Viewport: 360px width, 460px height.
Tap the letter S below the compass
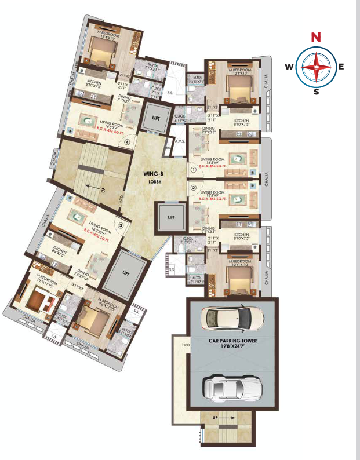click(316, 92)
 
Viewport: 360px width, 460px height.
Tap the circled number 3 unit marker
click(121, 226)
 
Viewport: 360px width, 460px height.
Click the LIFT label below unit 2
click(172, 217)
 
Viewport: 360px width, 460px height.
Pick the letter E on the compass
click(341, 66)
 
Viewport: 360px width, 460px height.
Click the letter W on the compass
click(289, 66)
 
